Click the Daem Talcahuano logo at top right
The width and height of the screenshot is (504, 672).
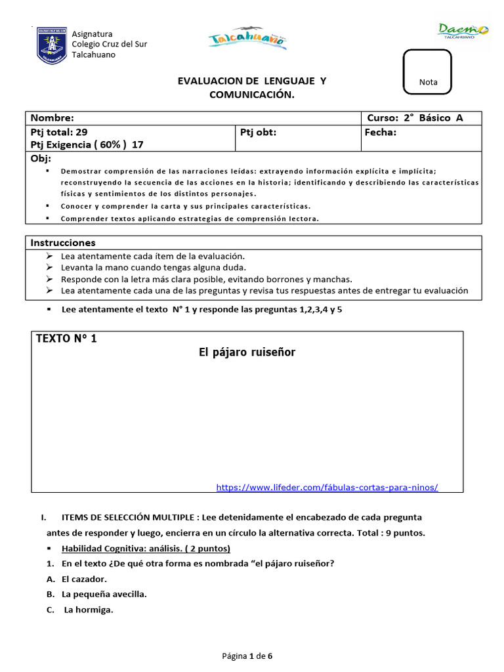click(463, 31)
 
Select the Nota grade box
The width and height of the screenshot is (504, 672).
click(428, 72)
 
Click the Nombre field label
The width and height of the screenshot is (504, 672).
click(52, 118)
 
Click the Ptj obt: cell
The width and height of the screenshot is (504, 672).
click(259, 132)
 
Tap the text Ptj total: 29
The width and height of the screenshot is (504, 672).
click(59, 132)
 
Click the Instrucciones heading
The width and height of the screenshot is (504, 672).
click(63, 243)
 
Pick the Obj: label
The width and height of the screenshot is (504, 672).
click(41, 159)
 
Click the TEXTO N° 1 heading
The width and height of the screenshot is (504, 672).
click(66, 339)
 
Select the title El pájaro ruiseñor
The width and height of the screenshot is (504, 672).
click(247, 352)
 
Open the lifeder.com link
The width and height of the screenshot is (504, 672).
click(327, 487)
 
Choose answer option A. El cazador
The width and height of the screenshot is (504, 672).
click(77, 579)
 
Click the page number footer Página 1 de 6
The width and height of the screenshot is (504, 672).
click(247, 656)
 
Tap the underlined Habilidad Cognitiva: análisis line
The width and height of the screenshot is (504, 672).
click(146, 548)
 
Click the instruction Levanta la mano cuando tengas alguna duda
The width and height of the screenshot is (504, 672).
click(154, 267)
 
